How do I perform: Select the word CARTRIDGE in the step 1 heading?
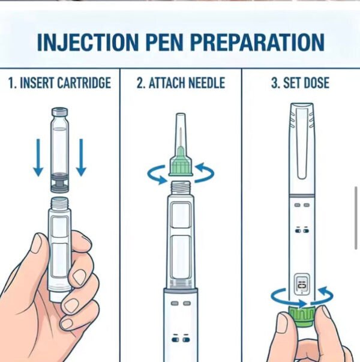[84, 83]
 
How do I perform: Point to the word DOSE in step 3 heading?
[317, 83]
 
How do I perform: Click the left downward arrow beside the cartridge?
[38, 157]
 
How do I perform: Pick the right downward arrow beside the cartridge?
[81, 157]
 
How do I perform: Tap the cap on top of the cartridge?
[60, 112]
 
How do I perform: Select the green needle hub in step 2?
[181, 163]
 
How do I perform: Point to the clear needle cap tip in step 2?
[181, 118]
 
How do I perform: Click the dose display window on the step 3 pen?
[302, 285]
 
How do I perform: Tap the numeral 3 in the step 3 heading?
[275, 83]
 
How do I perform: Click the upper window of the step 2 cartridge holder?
[181, 215]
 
